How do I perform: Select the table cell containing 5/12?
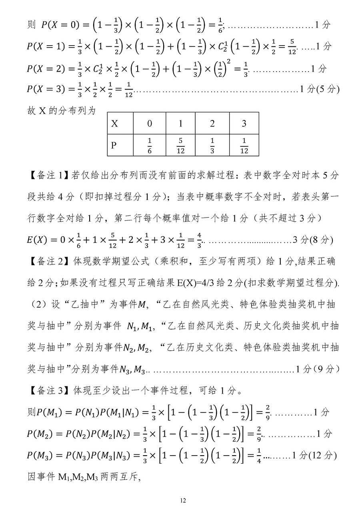click(180, 145)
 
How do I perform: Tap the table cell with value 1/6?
click(149, 145)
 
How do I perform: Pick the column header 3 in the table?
click(244, 123)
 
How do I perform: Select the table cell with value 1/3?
click(212, 145)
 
